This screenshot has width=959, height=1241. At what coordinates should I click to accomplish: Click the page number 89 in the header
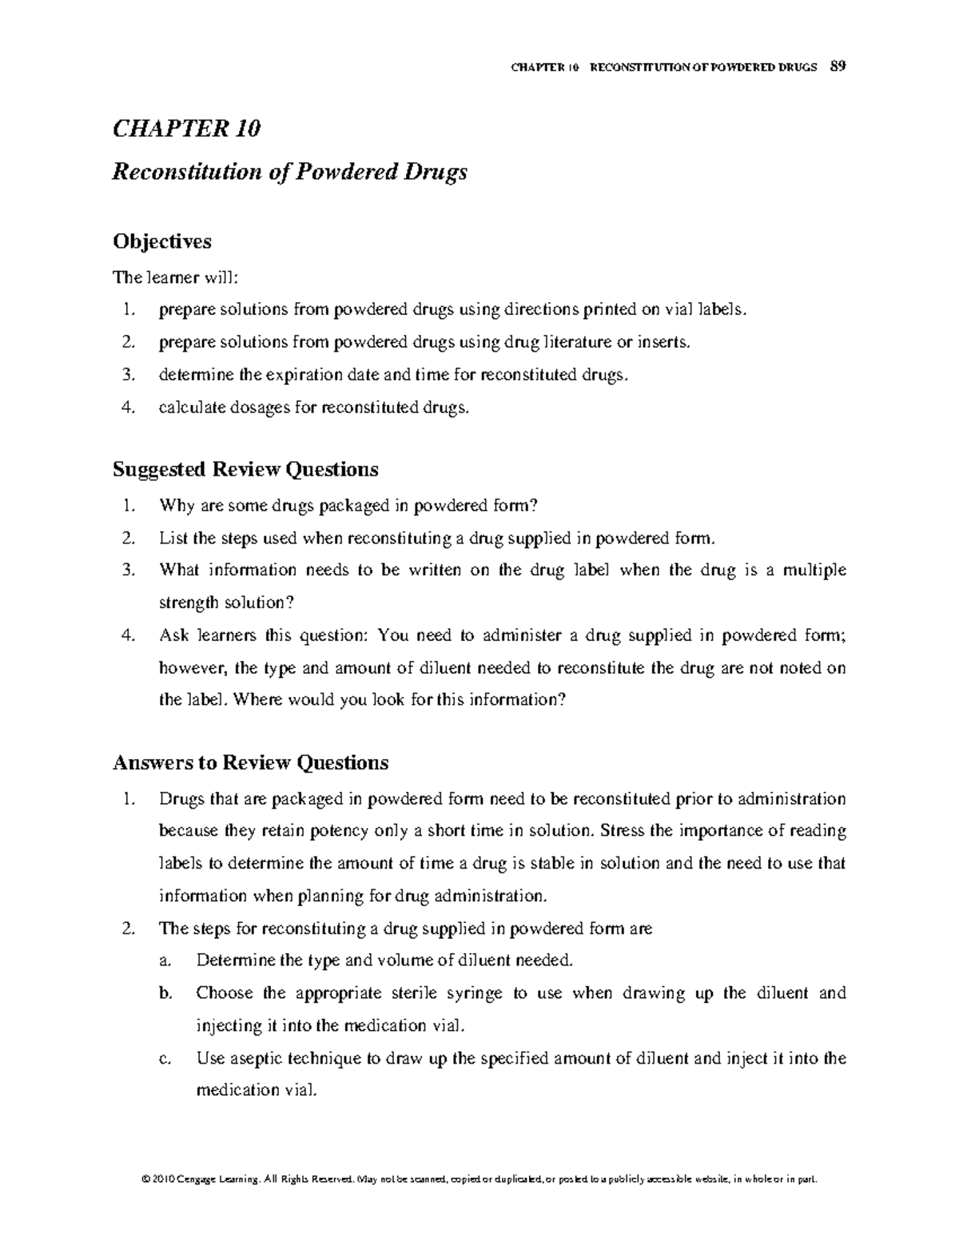point(838,66)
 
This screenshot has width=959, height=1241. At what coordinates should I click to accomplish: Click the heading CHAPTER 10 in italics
point(186,129)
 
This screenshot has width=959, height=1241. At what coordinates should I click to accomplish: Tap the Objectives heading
point(162,241)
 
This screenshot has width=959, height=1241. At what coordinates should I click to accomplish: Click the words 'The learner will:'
point(175,277)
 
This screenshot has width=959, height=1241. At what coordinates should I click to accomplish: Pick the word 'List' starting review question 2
point(173,538)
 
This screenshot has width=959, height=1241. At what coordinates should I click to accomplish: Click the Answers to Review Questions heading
point(250,762)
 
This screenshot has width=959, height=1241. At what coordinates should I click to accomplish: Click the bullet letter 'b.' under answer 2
point(165,993)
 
